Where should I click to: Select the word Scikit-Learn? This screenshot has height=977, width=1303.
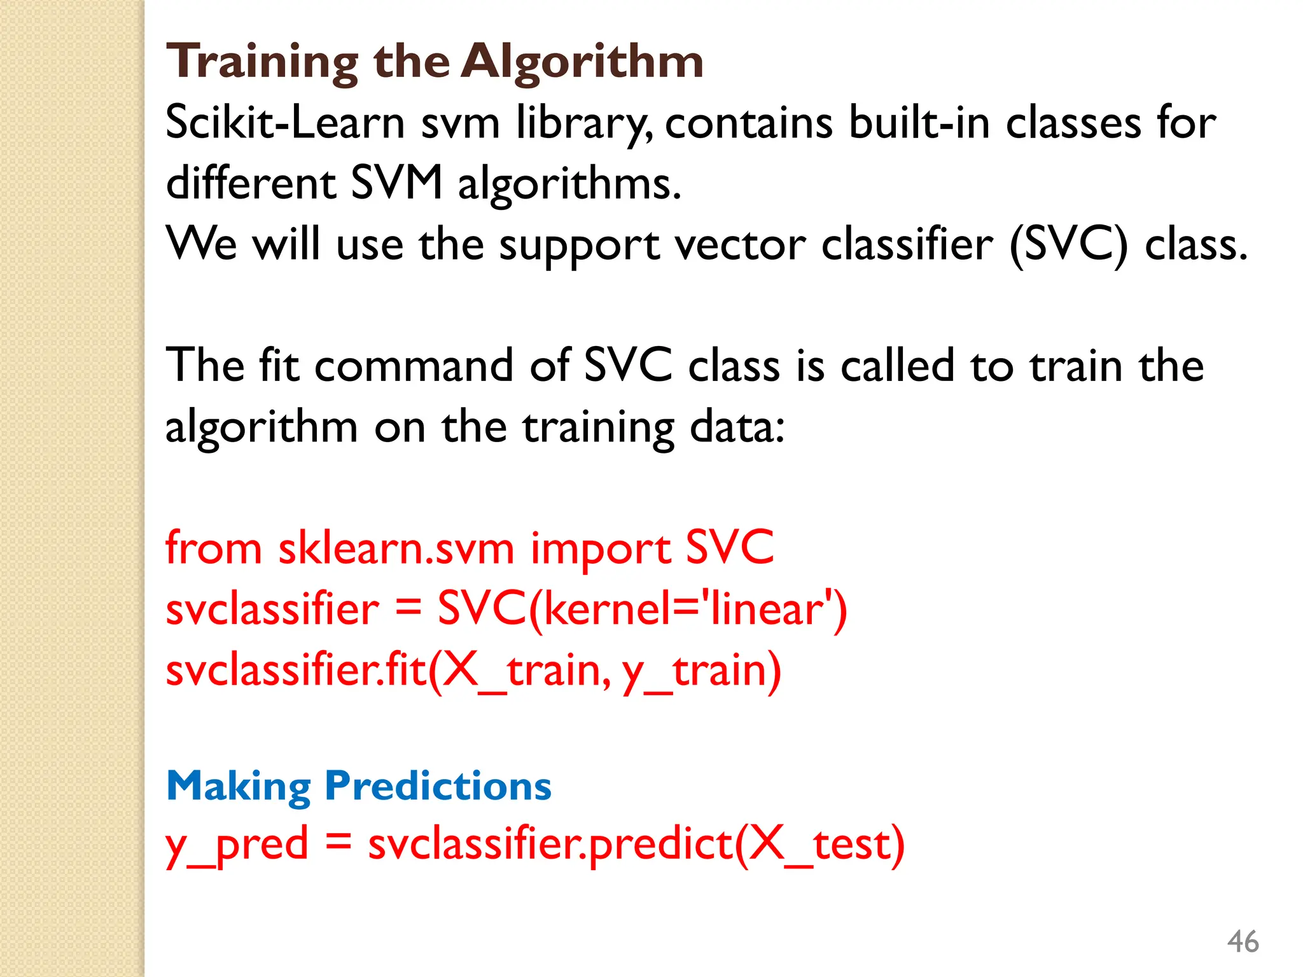284,122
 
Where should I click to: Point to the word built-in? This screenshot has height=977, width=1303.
919,122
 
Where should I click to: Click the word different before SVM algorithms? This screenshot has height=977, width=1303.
250,183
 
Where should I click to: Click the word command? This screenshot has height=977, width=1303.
413,366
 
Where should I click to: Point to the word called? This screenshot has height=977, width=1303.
897,366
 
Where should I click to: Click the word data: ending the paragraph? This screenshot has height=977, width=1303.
737,427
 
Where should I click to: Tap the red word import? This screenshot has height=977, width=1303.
600,548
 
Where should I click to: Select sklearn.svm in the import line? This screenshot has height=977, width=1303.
395,548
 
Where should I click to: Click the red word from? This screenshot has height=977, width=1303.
213,548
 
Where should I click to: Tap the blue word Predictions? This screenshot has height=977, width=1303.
438,786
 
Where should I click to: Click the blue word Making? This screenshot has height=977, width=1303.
238,786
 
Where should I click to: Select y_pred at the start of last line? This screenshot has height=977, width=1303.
237,844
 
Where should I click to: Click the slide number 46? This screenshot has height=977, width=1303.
1242,941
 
